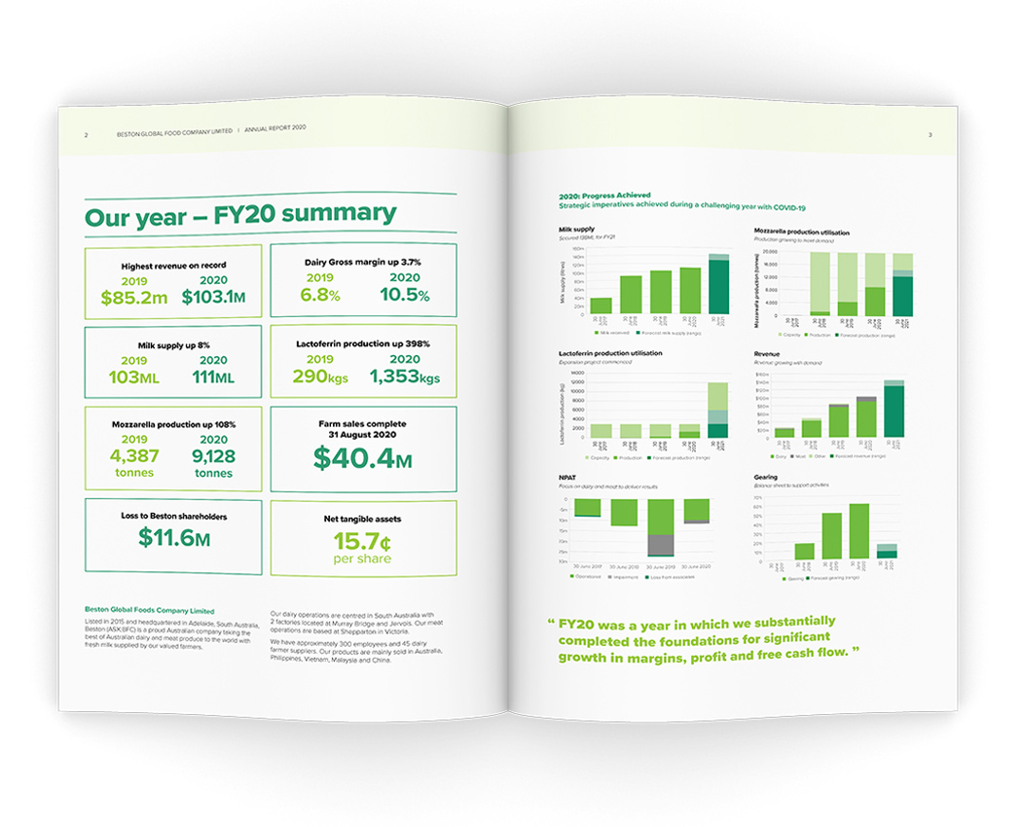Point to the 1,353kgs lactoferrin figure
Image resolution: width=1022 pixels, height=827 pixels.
404,378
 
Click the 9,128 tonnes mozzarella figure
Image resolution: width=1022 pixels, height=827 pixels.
212,455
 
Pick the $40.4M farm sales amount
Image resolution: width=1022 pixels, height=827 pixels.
362,458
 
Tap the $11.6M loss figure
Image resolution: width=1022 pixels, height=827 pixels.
173,536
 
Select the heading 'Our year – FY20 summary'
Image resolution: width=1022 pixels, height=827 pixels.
240,215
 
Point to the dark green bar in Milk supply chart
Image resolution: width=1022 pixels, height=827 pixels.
718,287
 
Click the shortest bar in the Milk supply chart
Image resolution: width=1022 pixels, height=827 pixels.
602,306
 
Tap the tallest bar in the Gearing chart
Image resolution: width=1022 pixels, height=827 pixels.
858,531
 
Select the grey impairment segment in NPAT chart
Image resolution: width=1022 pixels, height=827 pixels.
660,545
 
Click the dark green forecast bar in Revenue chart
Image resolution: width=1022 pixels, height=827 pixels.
894,412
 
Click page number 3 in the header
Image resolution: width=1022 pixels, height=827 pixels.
930,135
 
